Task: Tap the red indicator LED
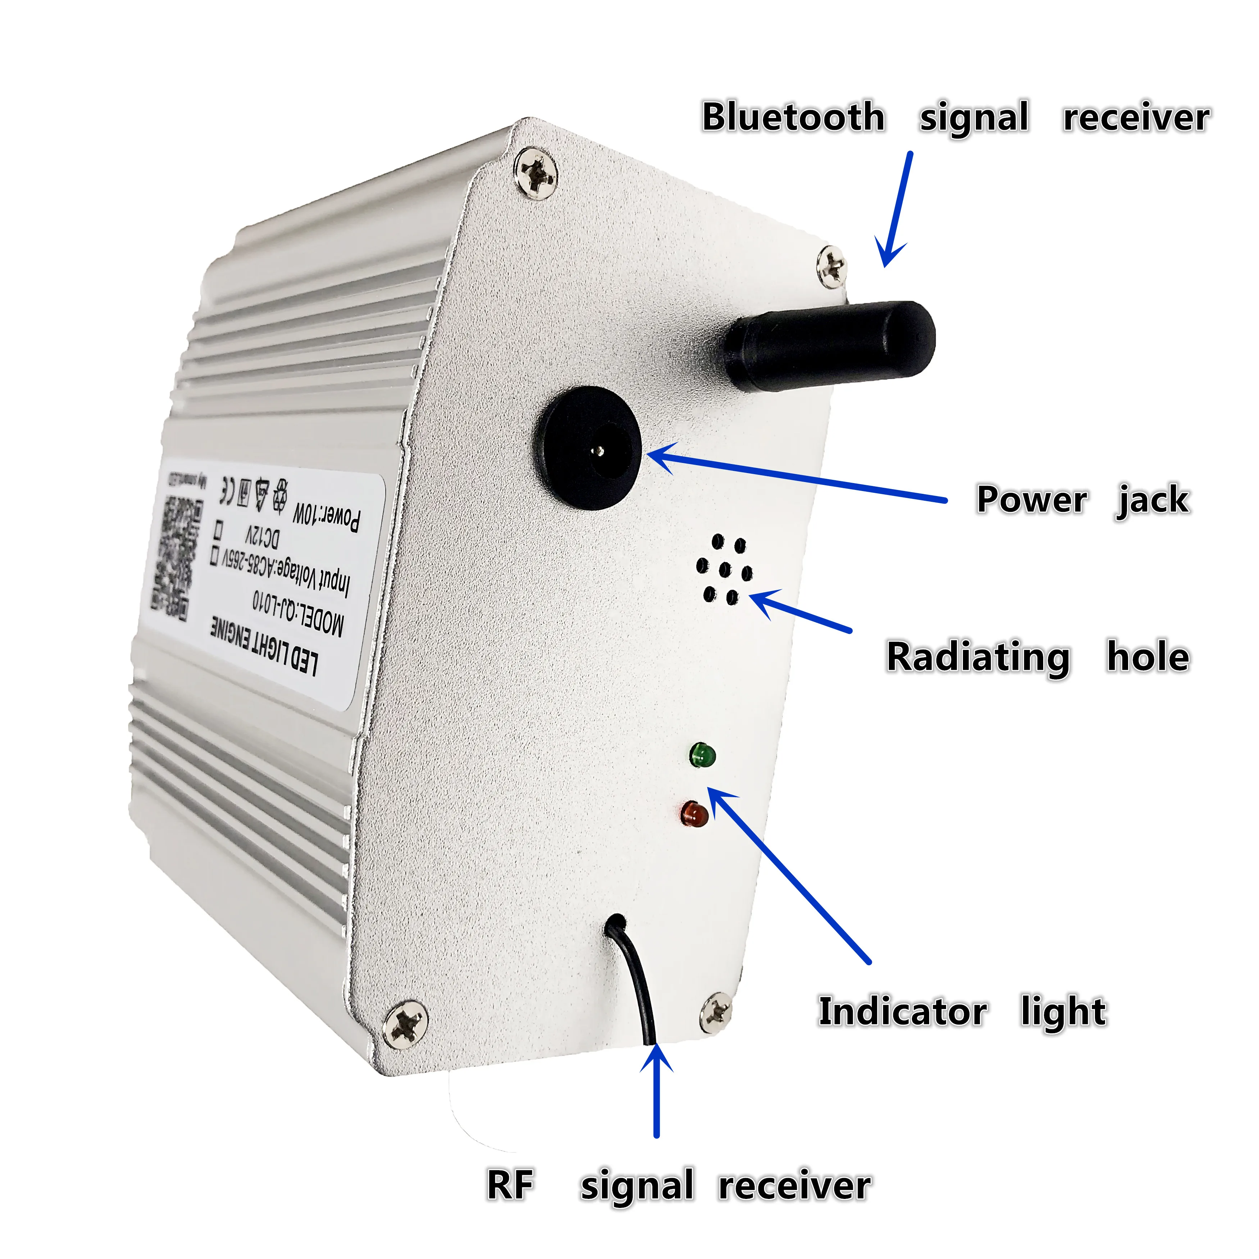[x=695, y=814]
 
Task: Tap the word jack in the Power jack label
[x=1154, y=500]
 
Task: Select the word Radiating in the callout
[x=977, y=657]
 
